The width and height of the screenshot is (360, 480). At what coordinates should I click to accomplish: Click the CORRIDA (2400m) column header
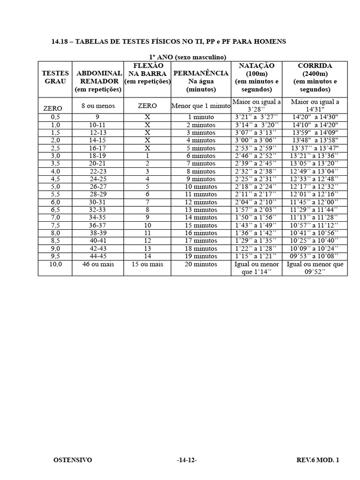point(315,77)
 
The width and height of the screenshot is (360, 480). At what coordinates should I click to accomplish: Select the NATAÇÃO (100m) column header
point(256,77)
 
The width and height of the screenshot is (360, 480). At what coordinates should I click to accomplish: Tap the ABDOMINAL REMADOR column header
point(99,81)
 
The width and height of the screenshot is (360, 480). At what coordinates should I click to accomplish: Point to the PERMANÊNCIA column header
point(201,81)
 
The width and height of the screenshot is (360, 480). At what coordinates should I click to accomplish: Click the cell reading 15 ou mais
point(147,264)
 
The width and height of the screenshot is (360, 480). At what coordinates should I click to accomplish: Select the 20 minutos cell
point(201,264)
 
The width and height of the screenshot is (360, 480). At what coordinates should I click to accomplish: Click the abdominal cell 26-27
point(97,187)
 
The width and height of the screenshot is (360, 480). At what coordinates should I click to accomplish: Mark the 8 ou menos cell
point(98,106)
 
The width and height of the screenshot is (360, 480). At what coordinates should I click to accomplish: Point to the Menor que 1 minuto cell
point(201,106)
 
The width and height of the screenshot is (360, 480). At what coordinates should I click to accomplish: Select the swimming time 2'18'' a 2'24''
point(256,187)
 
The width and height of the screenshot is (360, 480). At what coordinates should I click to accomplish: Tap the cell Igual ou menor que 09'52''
point(315,268)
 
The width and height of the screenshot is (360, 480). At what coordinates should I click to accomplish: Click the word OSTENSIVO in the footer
point(73,460)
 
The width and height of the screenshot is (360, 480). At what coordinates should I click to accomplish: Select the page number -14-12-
point(187,460)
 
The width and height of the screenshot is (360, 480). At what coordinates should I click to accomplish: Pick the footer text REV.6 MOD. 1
point(317,460)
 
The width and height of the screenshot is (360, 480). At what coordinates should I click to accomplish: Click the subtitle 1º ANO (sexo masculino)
point(187,57)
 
